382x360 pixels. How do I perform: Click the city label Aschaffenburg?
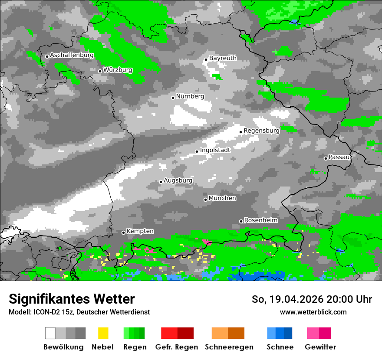72,56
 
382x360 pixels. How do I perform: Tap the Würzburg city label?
118,70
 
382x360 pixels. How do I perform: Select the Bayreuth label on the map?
223,58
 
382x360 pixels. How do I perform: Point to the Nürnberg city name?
190,96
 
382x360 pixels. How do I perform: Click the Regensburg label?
261,131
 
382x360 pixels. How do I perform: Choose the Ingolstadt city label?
215,150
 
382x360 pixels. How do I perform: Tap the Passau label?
339,157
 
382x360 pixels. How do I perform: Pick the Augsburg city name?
178,180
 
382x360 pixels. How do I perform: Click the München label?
222,198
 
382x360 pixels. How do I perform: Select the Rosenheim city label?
260,220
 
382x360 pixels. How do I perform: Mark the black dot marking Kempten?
123,232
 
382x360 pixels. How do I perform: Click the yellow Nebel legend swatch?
103,333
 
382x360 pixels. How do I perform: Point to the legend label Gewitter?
320,347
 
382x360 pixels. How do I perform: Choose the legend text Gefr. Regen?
177,347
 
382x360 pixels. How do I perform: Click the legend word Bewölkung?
63,347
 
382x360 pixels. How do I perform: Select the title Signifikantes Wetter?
72,299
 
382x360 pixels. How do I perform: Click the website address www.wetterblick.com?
313,312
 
